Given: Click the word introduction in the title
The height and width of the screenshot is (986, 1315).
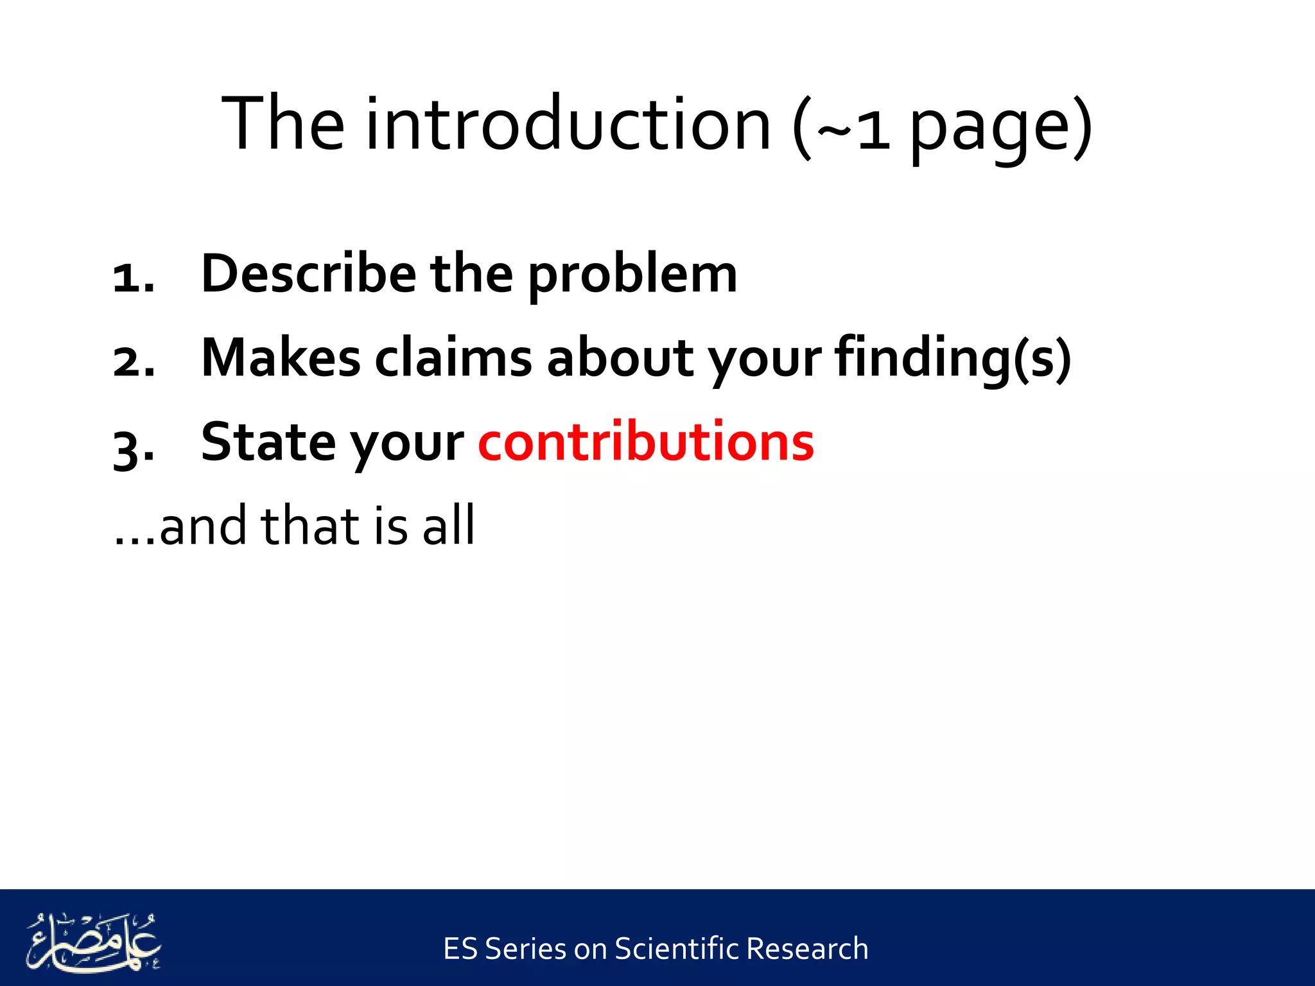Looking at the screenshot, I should pos(568,123).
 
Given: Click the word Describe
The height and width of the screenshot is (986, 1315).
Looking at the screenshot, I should pos(308,274).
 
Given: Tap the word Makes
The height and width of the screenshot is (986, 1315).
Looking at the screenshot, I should pos(281,358).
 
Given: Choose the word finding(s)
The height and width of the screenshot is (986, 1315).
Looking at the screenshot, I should pos(953,359).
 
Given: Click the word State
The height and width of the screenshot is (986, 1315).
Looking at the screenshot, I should pos(267,442).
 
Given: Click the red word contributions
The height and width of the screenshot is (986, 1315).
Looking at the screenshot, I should pos(646,442).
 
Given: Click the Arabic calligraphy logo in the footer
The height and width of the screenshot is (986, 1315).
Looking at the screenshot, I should pos(93,942).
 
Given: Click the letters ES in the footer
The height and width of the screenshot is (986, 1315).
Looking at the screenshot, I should pos(460,949).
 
